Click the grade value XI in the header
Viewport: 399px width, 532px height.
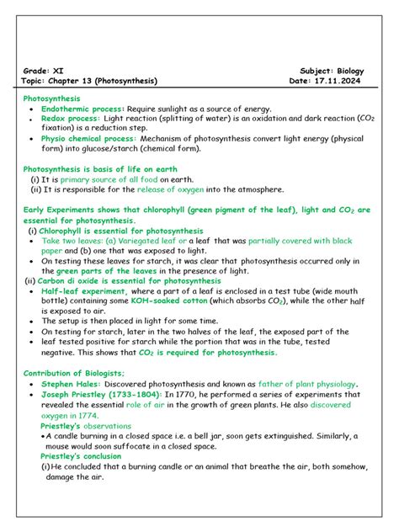coord(58,71)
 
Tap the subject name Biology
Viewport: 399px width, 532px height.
coord(352,71)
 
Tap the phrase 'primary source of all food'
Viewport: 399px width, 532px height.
coord(114,179)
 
